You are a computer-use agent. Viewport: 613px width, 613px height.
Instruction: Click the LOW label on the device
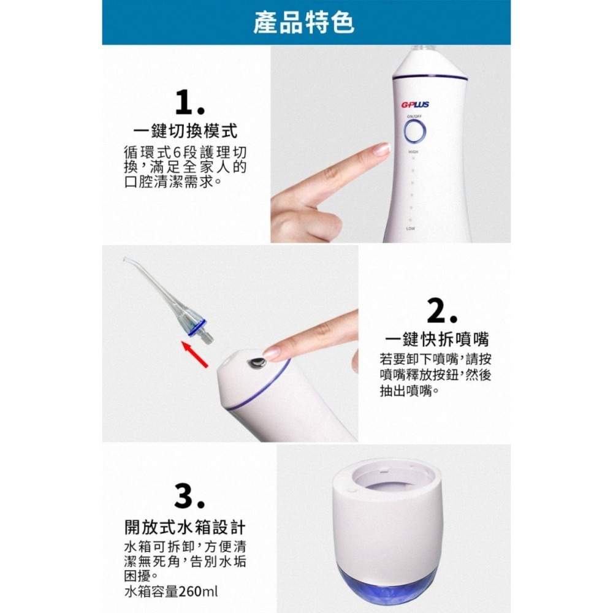(410, 228)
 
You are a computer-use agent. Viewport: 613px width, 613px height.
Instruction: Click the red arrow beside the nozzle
(197, 354)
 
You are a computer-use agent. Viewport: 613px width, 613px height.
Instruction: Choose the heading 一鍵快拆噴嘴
(437, 340)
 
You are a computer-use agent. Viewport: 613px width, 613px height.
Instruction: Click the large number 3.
(189, 497)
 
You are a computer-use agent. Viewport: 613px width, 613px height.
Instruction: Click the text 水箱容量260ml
(171, 592)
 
